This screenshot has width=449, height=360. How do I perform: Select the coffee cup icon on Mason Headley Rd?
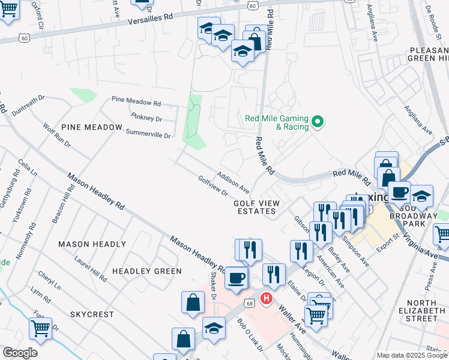pyautogui.click(x=237, y=278)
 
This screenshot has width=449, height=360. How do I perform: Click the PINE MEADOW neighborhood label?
pyautogui.click(x=91, y=128)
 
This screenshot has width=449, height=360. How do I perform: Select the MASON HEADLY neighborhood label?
pyautogui.click(x=92, y=244)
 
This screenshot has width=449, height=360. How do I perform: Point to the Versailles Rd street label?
pyautogui.click(x=154, y=20)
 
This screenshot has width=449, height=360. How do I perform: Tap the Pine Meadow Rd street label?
pyautogui.click(x=136, y=103)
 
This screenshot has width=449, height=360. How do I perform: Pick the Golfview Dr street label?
pyautogui.click(x=213, y=186)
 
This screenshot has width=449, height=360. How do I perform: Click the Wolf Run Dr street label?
pyautogui.click(x=57, y=136)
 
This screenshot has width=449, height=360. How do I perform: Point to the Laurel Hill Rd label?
pyautogui.click(x=90, y=269)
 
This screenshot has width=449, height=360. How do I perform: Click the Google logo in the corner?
pyautogui.click(x=20, y=353)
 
